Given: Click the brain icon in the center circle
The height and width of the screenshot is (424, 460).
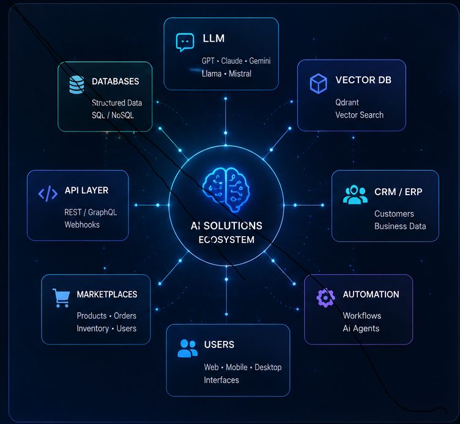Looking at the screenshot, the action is [226, 189].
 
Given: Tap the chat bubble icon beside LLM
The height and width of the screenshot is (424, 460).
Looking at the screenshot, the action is [185, 42].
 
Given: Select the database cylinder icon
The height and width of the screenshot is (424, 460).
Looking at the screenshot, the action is [76, 85].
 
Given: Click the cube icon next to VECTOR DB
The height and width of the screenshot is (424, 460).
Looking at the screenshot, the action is [318, 84].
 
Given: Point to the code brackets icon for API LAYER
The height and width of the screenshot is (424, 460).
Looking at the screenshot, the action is [48, 194].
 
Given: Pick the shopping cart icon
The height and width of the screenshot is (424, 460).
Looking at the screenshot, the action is [61, 298].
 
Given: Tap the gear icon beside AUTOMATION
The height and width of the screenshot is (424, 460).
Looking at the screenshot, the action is [325, 297].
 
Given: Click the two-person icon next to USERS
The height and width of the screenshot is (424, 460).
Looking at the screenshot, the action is [187, 348].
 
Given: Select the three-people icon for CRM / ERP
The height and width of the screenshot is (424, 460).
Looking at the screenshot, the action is [355, 195].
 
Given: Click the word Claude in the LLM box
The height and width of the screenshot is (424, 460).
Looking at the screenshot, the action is [232, 61].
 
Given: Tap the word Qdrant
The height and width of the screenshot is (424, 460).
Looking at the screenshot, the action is [347, 102].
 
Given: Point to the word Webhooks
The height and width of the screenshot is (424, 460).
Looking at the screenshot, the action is [82, 225].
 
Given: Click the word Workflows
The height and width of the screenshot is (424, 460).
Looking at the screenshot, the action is [362, 316].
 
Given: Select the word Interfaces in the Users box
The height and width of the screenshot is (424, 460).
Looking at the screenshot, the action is [221, 381].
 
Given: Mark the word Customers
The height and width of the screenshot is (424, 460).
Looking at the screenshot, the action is [394, 214].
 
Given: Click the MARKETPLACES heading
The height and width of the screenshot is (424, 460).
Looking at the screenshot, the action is [107, 294].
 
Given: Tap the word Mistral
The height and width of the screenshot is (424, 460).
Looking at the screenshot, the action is [240, 73].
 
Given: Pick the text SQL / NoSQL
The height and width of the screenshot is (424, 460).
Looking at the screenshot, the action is [113, 115].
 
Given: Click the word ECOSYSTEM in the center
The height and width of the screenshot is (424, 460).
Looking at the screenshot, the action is [226, 240].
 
